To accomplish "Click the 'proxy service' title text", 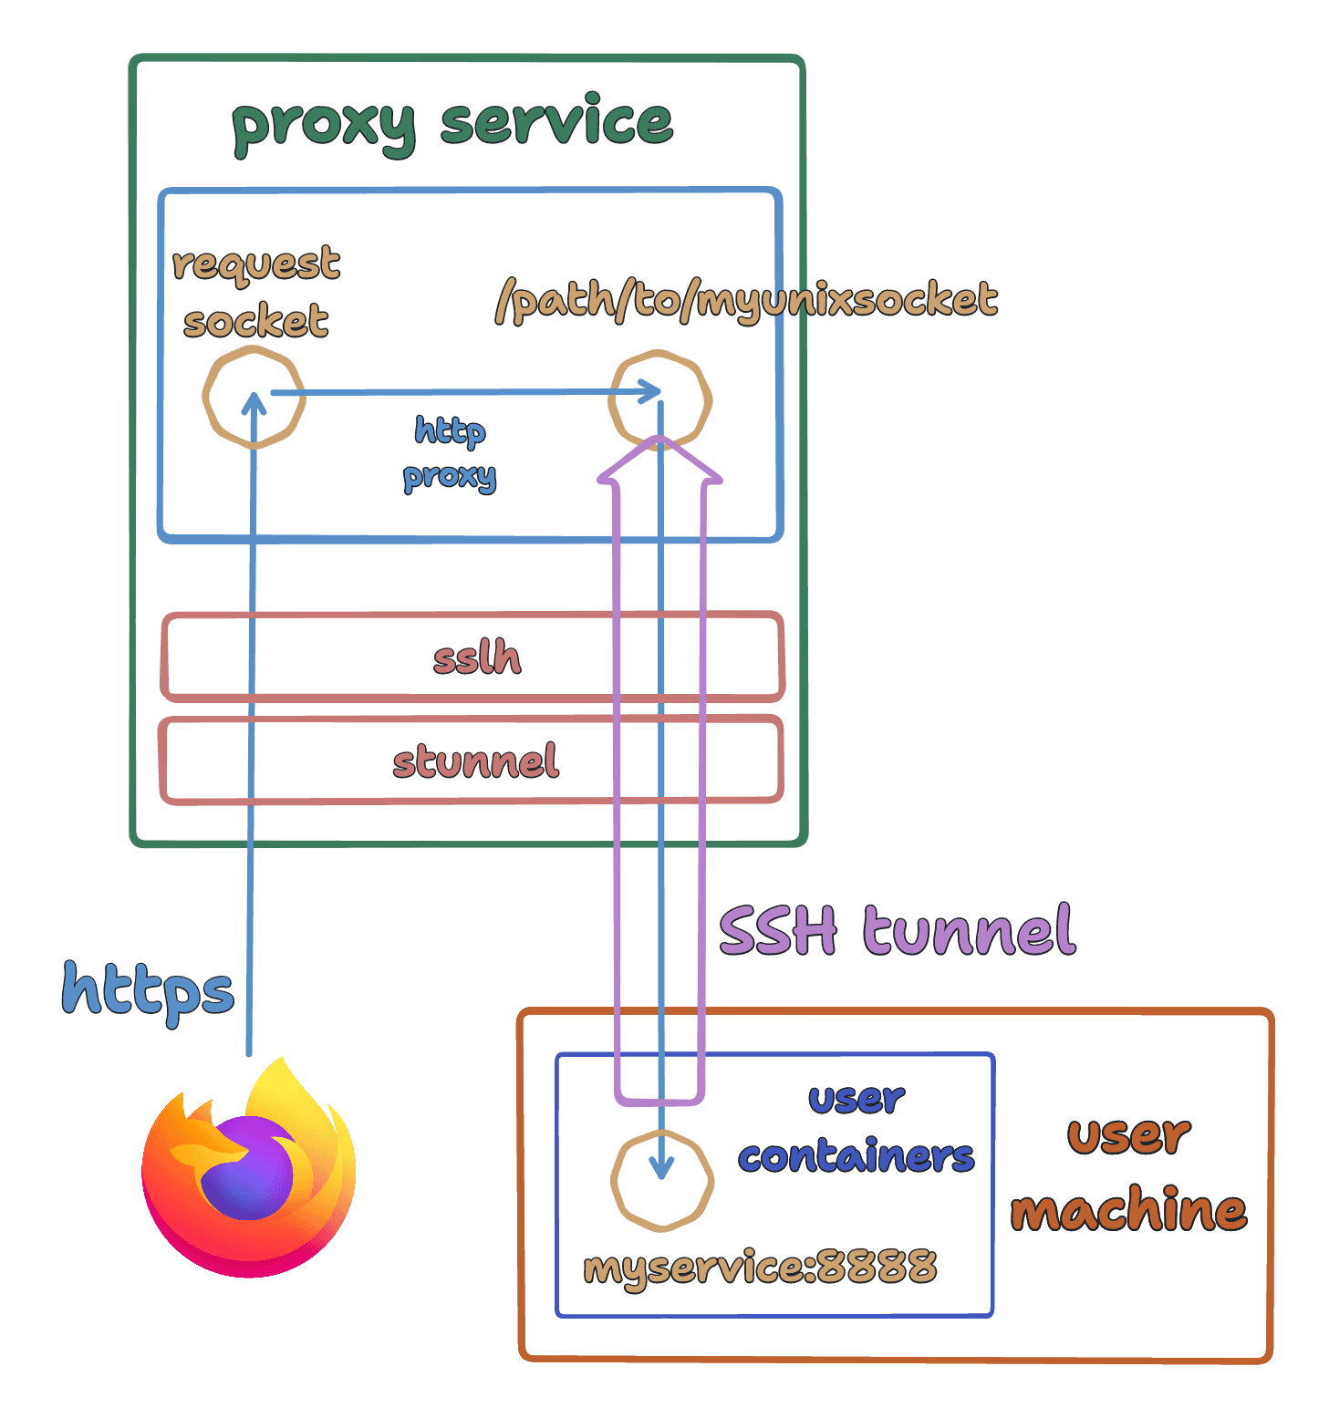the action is (x=452, y=124).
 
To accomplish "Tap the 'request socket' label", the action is (x=256, y=292).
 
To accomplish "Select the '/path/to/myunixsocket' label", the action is (x=746, y=300).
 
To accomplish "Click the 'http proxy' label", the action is (x=450, y=454).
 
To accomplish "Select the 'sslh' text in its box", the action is (x=477, y=657).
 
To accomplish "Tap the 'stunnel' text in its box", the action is (x=475, y=761).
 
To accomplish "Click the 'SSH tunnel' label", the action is (x=898, y=930).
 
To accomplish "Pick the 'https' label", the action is (x=148, y=991).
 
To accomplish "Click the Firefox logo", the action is (x=249, y=1168).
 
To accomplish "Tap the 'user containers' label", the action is (x=857, y=1128).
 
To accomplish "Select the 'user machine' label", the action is (x=1129, y=1175).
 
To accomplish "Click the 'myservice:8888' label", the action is (x=760, y=1267).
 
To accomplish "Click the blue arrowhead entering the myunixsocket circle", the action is (x=649, y=391).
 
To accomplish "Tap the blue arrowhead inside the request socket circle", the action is (x=254, y=402).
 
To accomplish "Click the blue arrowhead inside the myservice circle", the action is (x=661, y=1168).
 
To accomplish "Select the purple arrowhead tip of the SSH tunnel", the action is (x=659, y=438).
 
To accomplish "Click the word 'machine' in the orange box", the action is (x=1129, y=1209).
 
